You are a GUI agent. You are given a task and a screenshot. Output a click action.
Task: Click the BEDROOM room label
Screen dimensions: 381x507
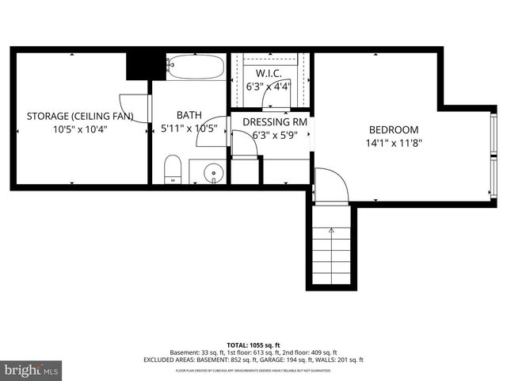(x=394, y=130)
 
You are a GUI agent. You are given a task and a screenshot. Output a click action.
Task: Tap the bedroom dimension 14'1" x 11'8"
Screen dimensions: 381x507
(x=394, y=144)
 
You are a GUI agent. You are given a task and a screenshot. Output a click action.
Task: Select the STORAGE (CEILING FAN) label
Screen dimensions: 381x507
(x=79, y=117)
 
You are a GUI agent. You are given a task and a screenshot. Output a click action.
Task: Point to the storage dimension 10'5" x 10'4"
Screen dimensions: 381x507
(x=79, y=129)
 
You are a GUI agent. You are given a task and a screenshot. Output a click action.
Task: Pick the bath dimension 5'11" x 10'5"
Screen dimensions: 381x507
(x=189, y=129)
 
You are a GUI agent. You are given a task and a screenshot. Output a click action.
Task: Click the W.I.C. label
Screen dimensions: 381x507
(x=269, y=74)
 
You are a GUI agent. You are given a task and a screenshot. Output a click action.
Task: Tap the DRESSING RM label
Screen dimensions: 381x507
(x=274, y=122)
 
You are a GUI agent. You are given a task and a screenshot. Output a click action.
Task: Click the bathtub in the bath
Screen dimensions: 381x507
(x=196, y=67)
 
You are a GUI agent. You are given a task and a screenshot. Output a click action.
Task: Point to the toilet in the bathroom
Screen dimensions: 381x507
(x=173, y=169)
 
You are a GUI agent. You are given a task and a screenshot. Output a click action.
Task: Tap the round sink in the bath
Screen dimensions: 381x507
(x=212, y=171)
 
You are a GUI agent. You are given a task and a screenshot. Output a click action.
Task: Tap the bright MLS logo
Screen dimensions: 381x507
(x=32, y=370)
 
